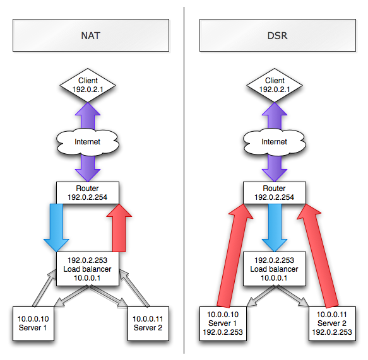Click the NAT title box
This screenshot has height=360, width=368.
tap(91, 35)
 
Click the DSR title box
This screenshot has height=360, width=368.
tap(278, 35)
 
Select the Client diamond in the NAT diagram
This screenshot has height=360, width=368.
tap(88, 85)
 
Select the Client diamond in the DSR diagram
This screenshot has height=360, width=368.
tap(275, 85)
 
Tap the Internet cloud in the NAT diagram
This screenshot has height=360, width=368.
tap(88, 142)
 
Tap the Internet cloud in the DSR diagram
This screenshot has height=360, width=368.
tap(275, 142)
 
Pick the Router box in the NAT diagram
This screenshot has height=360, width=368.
tap(88, 193)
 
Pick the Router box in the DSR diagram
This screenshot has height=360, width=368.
tap(275, 193)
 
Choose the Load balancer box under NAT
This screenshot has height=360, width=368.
tap(88, 269)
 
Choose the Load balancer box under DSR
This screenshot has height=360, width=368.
tap(275, 269)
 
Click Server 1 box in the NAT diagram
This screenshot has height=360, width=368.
tap(33, 323)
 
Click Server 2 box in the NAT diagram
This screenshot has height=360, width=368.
tap(148, 323)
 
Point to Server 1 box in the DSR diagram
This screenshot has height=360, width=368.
tap(223, 323)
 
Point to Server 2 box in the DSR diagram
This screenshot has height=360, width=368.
tap(332, 323)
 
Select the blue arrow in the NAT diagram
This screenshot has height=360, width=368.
tap(56, 228)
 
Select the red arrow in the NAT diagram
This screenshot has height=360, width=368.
tap(119, 228)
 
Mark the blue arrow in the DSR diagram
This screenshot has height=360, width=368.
tap(275, 228)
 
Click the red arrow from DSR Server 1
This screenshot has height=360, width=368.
tap(235, 255)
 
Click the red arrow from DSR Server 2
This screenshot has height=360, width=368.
tap(318, 255)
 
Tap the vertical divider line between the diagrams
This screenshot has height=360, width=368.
tap(184, 180)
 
